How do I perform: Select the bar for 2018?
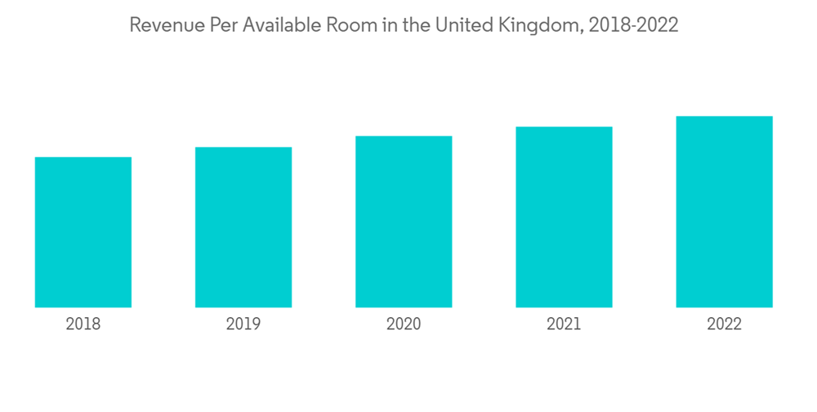(83, 232)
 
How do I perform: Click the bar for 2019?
(243, 227)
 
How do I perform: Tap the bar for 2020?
(404, 222)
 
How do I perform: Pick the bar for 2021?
(564, 217)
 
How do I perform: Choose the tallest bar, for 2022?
(724, 212)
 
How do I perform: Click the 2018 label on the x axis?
(83, 325)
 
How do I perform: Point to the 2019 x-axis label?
(243, 325)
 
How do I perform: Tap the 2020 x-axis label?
(404, 325)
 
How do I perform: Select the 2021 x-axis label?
(564, 325)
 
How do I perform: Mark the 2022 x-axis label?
(724, 325)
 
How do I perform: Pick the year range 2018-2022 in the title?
(634, 26)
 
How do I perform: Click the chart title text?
(404, 26)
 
